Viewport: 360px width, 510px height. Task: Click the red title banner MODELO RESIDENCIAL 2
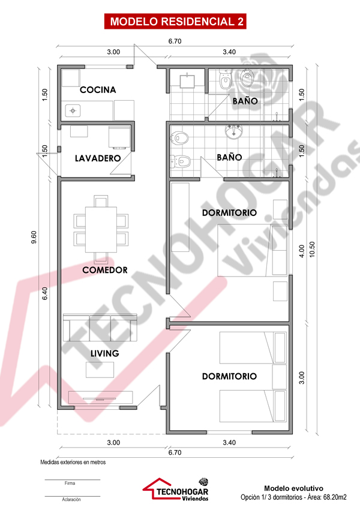175,22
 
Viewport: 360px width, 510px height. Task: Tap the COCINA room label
98,90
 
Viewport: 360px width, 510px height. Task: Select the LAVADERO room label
98,158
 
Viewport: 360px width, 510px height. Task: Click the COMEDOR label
105,270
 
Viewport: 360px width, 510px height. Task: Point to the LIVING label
105,353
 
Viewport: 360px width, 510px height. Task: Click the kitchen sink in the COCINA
73,110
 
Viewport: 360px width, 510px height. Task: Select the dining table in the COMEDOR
101,230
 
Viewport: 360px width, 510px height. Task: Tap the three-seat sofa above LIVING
100,328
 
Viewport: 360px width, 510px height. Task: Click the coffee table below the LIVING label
100,370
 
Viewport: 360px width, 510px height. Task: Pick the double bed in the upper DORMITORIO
253,250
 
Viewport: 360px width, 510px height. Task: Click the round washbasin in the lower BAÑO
233,132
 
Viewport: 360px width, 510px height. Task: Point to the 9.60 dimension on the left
34,237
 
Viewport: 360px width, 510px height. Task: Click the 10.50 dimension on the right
312,250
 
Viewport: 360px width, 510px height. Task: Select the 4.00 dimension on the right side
302,251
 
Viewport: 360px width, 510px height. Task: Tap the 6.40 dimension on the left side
45,294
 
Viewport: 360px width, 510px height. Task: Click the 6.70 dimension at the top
175,41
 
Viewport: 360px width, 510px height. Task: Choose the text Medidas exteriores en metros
73,462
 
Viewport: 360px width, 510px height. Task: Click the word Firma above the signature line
70,484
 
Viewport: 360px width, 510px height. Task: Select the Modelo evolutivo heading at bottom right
293,488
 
